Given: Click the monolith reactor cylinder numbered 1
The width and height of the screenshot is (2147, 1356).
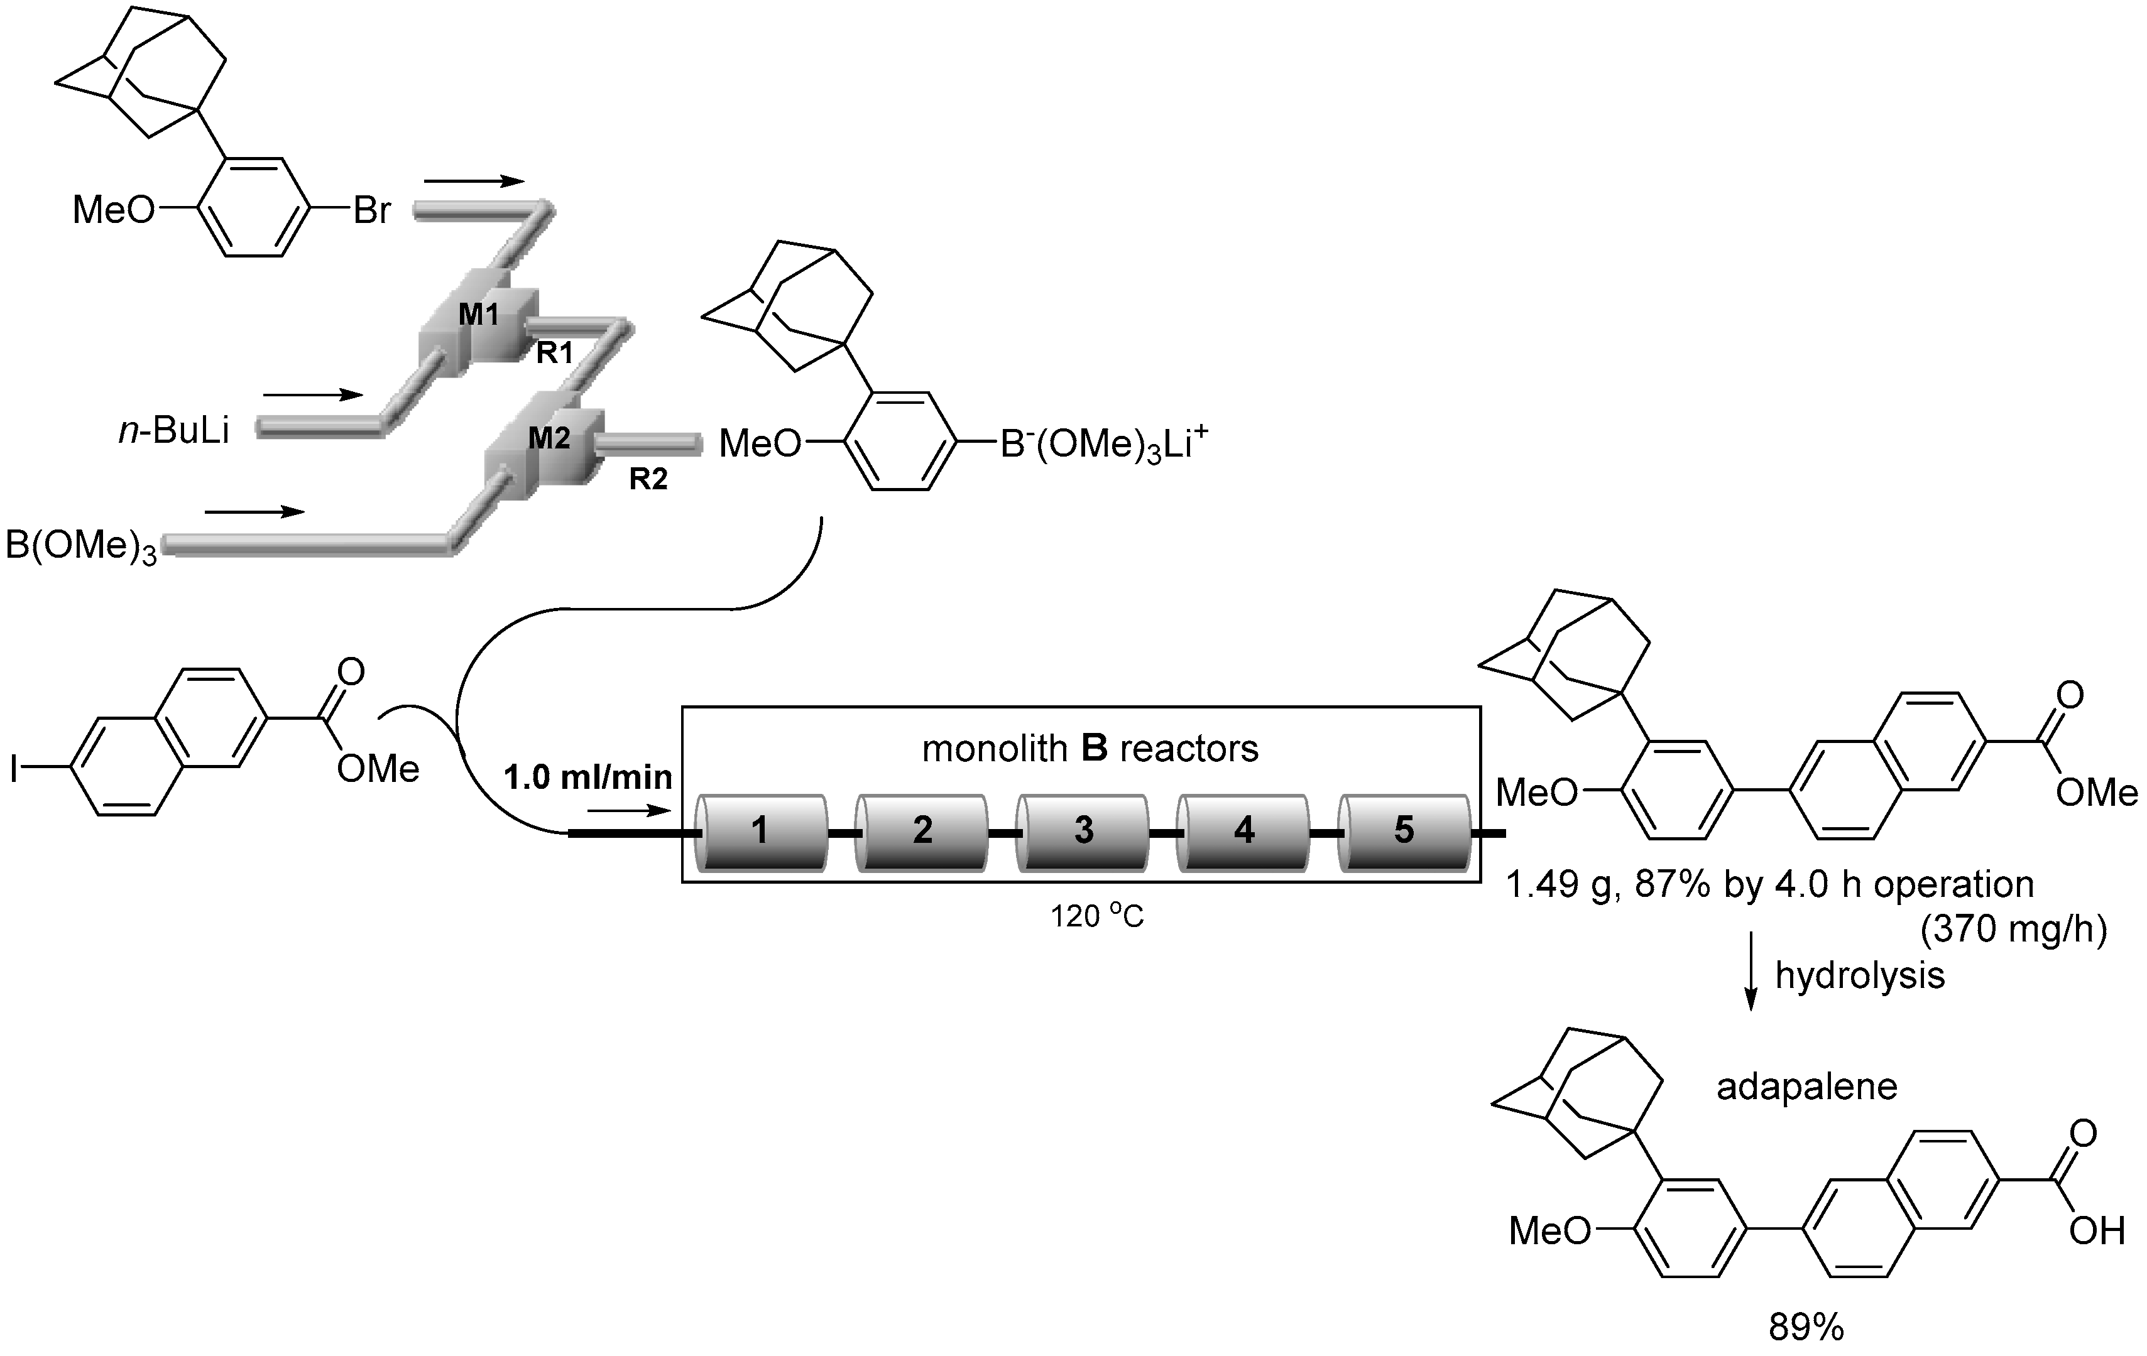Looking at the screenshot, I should pyautogui.click(x=760, y=831).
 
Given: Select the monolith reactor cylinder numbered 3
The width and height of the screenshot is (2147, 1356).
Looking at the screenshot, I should pyautogui.click(x=1083, y=831).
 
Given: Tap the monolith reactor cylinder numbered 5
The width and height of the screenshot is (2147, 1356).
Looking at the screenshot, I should pyautogui.click(x=1404, y=831).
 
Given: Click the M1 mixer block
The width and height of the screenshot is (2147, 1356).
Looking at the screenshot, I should pyautogui.click(x=479, y=317).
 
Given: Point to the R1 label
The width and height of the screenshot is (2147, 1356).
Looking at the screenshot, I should pyautogui.click(x=554, y=354).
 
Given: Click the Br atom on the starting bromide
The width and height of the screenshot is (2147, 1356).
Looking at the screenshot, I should pyautogui.click(x=372, y=211).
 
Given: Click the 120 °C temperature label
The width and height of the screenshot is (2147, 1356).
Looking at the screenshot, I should pyautogui.click(x=1096, y=916).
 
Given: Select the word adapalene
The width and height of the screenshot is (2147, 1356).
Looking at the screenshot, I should pyautogui.click(x=1806, y=1087).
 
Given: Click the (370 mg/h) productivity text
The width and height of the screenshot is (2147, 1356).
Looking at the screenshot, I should pyautogui.click(x=2013, y=930).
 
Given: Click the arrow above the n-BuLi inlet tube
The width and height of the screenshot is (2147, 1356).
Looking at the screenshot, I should pyautogui.click(x=313, y=394).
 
